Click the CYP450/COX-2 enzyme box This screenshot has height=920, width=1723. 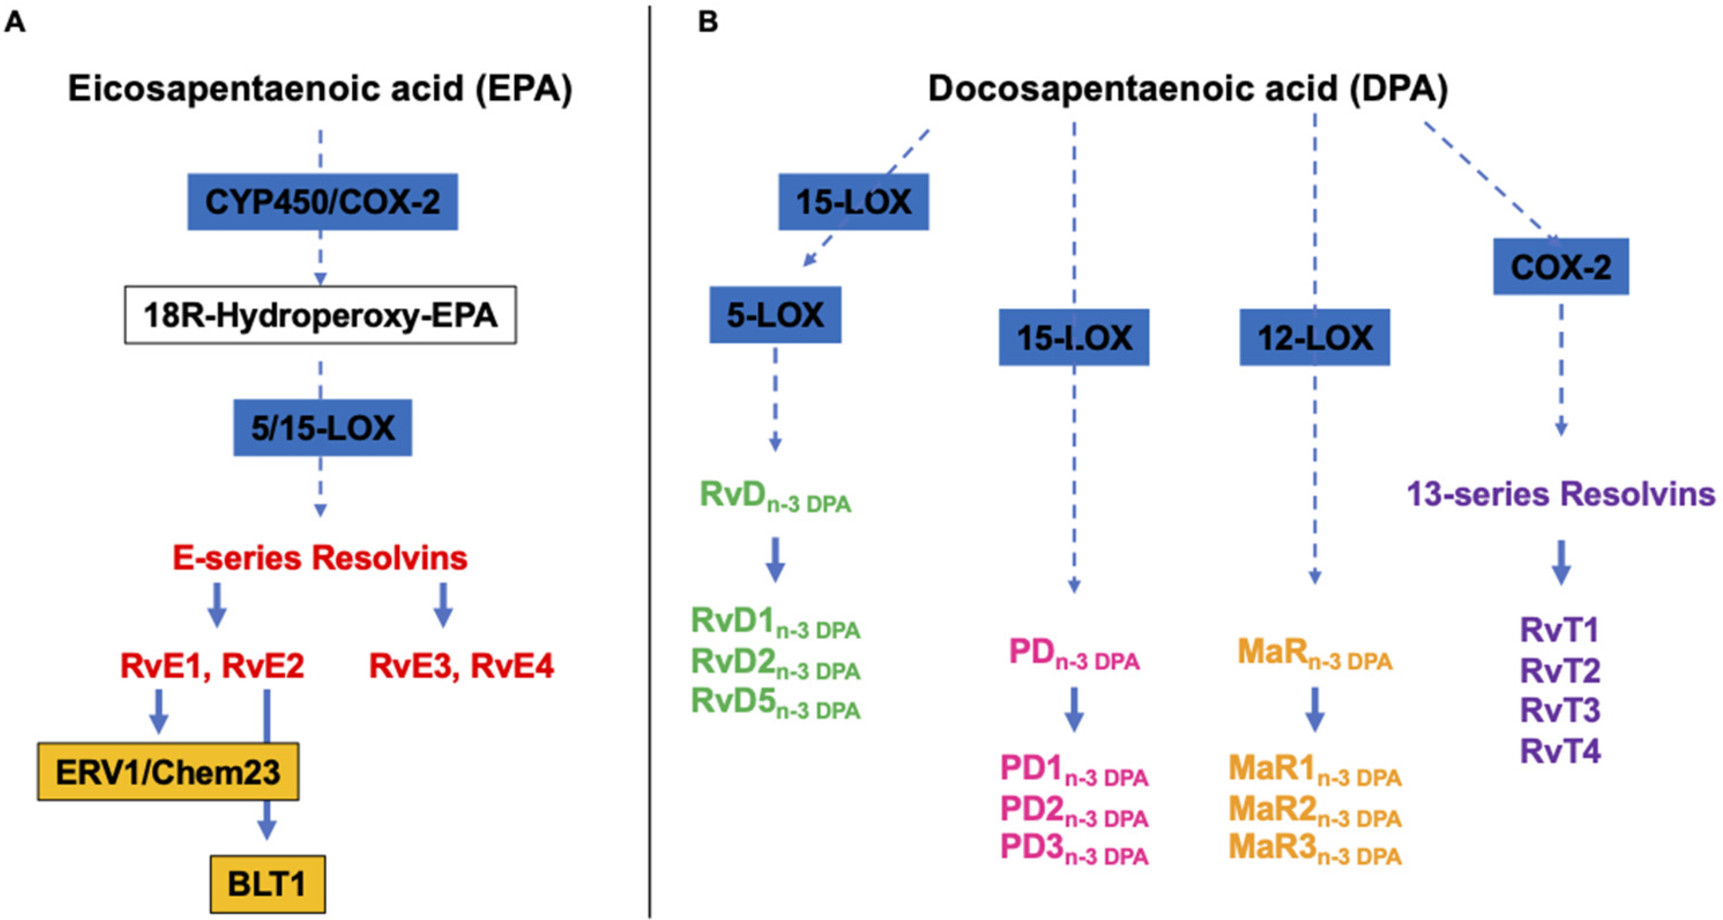coord(322,202)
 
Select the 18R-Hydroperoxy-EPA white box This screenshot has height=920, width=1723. coord(321,315)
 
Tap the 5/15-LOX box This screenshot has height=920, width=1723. coord(322,428)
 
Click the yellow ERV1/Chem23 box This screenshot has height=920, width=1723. coord(168,771)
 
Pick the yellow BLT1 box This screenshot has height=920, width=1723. coord(267,884)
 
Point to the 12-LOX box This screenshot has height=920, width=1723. coord(1314,337)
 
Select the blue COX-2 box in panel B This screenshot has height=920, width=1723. coord(1561,267)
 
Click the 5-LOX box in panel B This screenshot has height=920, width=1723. coord(775,315)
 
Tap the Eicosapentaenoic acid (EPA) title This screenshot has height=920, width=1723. coord(320,89)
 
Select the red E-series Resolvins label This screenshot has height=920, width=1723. coord(320,558)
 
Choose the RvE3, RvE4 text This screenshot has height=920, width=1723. coord(462,666)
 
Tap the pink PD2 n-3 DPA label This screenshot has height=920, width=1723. coord(1074,810)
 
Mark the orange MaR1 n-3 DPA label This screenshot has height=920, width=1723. coord(1314,770)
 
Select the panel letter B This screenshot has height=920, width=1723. coord(708,23)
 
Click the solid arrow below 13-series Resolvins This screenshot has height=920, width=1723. coord(1561,563)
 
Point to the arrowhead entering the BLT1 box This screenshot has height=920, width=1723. coord(267,830)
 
